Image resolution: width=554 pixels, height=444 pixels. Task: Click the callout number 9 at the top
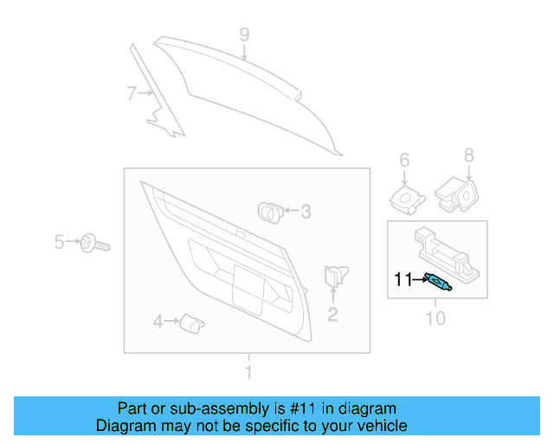coord(244,35)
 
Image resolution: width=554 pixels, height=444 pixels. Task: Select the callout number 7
coord(131,93)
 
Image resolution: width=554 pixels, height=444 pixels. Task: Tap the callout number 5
coord(60,241)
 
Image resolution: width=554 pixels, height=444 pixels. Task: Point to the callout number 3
coord(305,211)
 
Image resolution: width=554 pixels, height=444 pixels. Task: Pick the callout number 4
coord(158,323)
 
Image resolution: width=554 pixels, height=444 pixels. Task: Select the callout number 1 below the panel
coord(248,373)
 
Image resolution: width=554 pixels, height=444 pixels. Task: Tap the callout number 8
coord(468,155)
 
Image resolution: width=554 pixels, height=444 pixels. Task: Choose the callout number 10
coord(435,319)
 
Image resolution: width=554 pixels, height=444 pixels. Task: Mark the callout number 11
coord(403,279)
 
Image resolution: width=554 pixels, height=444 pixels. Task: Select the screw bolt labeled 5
coord(93,243)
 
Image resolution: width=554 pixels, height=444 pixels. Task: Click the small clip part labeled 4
coord(190,323)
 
